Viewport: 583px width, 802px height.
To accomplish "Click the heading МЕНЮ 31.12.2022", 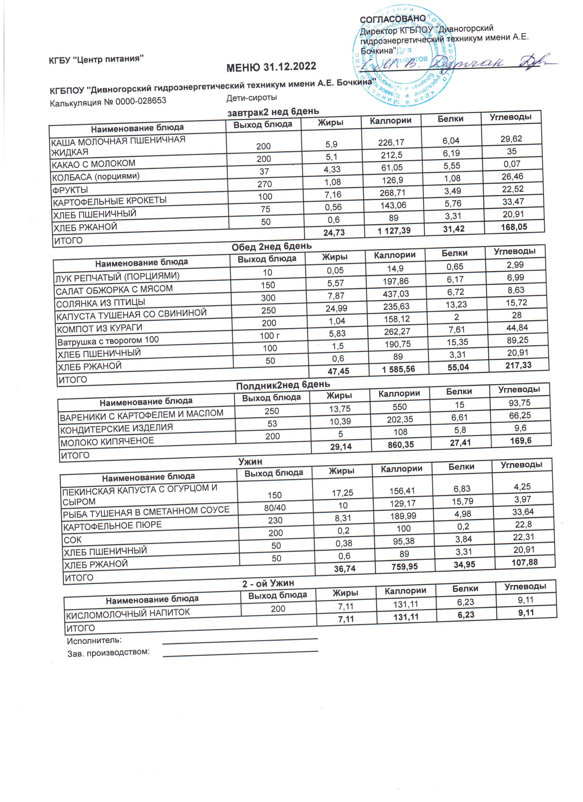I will click(271, 66).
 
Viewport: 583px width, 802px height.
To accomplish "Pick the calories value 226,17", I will click(391, 142).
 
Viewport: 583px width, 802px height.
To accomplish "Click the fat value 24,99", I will click(336, 308).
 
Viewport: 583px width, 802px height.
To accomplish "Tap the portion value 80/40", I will click(275, 507).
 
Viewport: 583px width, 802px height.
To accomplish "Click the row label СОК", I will click(72, 540).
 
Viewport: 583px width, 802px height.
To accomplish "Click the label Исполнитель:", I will click(94, 640).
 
